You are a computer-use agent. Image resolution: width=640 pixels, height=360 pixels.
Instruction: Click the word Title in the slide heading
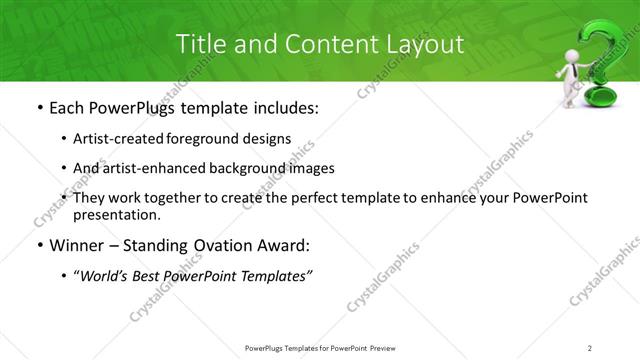click(200, 44)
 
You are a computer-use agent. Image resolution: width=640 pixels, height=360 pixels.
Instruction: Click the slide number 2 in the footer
click(589, 347)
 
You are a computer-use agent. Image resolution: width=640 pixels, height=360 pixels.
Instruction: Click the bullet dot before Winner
click(38, 245)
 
